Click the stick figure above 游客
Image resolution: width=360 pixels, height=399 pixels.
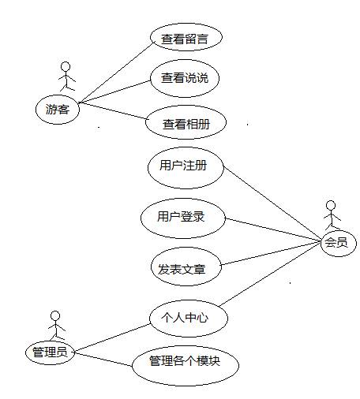(x=66, y=76)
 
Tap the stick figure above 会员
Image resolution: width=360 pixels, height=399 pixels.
(x=332, y=215)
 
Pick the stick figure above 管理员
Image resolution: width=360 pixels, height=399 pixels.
(x=56, y=326)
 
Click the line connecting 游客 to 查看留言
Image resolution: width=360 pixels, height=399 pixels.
(x=116, y=73)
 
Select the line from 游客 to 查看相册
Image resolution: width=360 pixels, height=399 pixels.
(x=113, y=110)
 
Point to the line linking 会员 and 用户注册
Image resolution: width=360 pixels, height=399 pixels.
(x=272, y=203)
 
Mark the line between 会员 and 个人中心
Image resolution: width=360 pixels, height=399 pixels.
(x=270, y=274)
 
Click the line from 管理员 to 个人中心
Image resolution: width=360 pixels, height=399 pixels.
(x=112, y=338)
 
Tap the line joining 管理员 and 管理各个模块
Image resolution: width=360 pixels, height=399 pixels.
(x=103, y=360)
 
